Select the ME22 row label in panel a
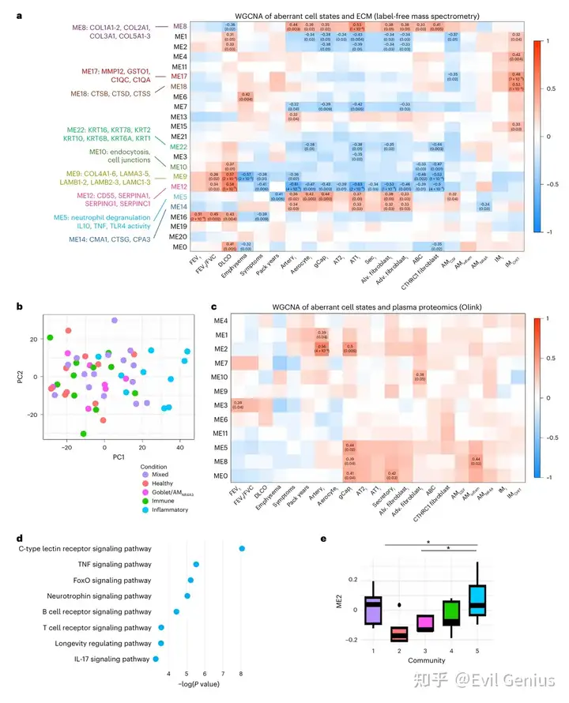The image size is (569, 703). coord(179,147)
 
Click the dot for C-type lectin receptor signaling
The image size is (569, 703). coord(242,548)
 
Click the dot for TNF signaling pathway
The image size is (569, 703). coord(196,565)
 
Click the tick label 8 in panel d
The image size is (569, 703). coord(242,673)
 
